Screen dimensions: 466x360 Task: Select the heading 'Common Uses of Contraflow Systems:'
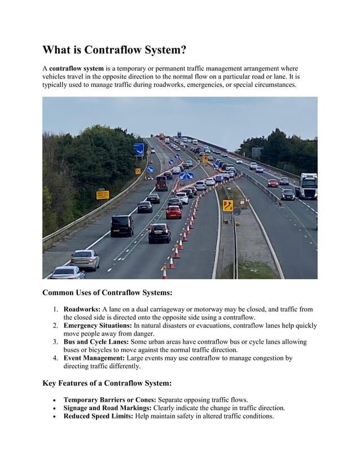107,293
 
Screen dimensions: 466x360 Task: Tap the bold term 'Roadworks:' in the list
82,310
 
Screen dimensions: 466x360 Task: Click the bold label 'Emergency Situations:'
97,326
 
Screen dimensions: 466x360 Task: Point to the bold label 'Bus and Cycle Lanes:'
96,342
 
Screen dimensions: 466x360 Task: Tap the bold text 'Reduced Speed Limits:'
98,416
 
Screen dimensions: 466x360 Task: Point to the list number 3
55,342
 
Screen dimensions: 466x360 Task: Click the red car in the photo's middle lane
173,212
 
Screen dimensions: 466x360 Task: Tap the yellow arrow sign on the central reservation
228,205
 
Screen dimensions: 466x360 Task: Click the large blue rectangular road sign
138,150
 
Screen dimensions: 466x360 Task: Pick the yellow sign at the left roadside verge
102,195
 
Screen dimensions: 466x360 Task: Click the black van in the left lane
122,226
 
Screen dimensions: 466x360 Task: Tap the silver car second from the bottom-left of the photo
85,259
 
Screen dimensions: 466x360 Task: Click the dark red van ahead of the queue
161,182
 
